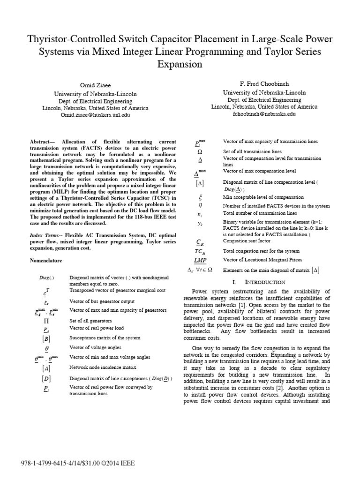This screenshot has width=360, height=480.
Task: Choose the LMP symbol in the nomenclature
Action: [x=200, y=259]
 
